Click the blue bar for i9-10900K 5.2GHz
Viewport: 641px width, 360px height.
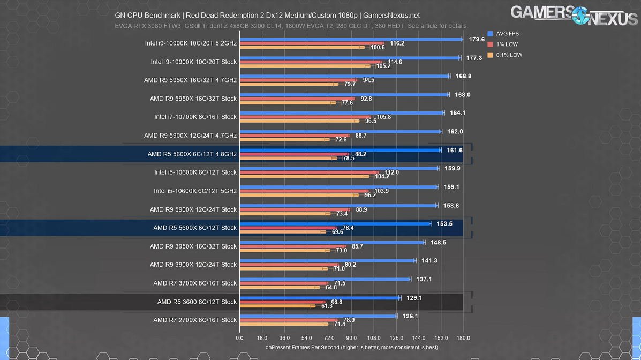(351, 39)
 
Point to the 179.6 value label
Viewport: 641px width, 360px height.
(477, 39)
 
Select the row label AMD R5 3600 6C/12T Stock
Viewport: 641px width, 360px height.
(197, 302)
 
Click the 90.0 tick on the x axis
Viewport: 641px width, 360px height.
(351, 338)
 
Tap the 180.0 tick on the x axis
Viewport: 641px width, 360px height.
(463, 338)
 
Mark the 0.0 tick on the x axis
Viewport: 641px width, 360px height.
(239, 338)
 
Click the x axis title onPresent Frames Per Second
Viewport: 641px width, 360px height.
(351, 347)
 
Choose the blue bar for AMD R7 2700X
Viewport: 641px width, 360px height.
(318, 316)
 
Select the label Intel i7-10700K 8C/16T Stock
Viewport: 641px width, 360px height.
(195, 117)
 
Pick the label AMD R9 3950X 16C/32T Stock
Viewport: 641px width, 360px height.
(193, 246)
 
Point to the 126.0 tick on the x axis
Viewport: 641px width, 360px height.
(396, 338)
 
